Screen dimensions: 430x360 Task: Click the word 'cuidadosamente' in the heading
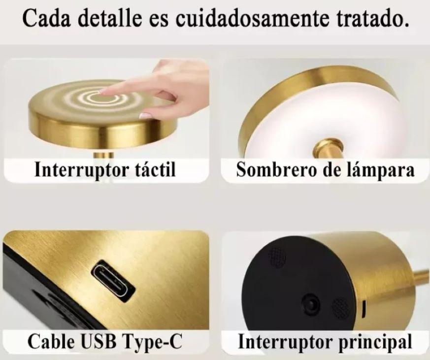(252, 18)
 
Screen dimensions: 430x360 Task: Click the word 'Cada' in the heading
(46, 18)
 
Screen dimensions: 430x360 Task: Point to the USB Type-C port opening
(113, 281)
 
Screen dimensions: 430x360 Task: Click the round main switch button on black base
(311, 303)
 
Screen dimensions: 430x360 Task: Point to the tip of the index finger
(102, 92)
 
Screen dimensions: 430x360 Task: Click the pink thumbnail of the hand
(145, 115)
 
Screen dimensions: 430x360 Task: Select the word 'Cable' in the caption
(50, 342)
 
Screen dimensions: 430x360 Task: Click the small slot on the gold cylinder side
(364, 308)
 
